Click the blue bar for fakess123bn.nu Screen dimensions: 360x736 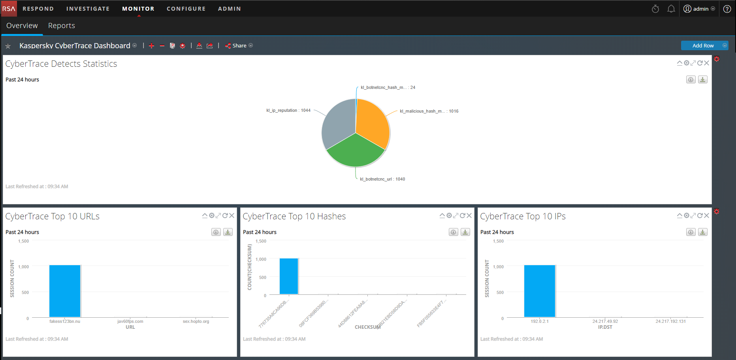(x=65, y=291)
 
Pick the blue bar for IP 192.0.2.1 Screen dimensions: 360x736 (x=540, y=291)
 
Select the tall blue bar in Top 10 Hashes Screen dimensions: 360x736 (x=289, y=276)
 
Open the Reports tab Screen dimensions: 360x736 (x=62, y=26)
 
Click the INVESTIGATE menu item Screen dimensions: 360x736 (x=88, y=9)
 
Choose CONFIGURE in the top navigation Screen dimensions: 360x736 (x=186, y=9)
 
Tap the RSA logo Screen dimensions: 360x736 (x=9, y=9)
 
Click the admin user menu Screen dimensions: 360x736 (x=699, y=9)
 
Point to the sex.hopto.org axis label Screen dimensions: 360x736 (x=196, y=321)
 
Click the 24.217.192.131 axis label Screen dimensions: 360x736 (x=671, y=321)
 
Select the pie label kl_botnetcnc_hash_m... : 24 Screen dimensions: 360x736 (x=388, y=88)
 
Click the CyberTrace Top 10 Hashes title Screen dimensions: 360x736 (x=294, y=216)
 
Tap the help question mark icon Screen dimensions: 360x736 (x=727, y=9)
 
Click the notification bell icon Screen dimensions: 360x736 (x=671, y=9)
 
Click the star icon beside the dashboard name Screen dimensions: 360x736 (x=8, y=46)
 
